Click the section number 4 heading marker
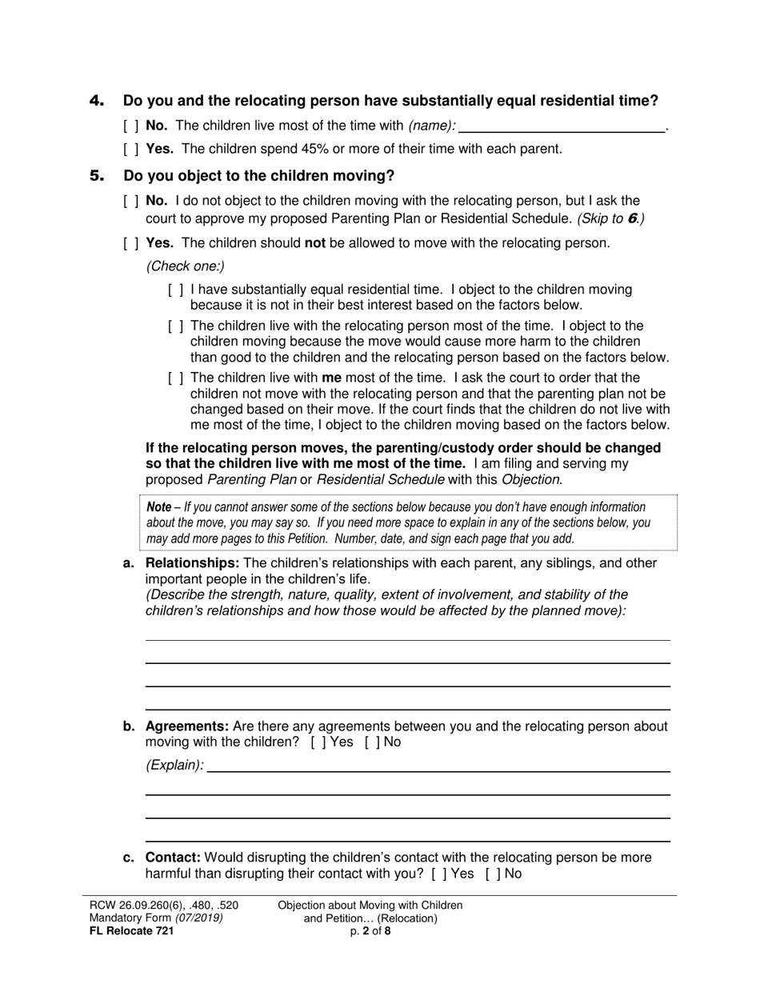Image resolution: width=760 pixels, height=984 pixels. point(97,101)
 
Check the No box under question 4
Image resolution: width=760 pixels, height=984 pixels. point(131,126)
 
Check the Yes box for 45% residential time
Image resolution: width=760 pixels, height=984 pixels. point(131,149)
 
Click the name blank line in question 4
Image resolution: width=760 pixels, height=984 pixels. point(562,126)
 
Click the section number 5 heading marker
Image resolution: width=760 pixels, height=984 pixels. point(97,175)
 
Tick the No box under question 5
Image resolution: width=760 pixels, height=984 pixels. point(131,201)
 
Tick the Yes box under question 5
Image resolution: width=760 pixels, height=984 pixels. point(131,243)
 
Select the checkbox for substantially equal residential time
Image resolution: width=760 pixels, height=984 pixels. point(175,290)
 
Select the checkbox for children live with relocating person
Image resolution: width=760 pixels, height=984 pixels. point(175,326)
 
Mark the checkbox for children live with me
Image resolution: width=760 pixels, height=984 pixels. point(175,378)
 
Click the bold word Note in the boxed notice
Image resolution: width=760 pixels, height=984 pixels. point(159,507)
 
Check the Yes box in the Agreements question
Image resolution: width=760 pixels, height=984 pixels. point(317,742)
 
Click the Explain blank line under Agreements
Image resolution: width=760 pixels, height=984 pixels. point(438,766)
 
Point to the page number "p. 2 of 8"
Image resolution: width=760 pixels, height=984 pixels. point(370,931)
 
